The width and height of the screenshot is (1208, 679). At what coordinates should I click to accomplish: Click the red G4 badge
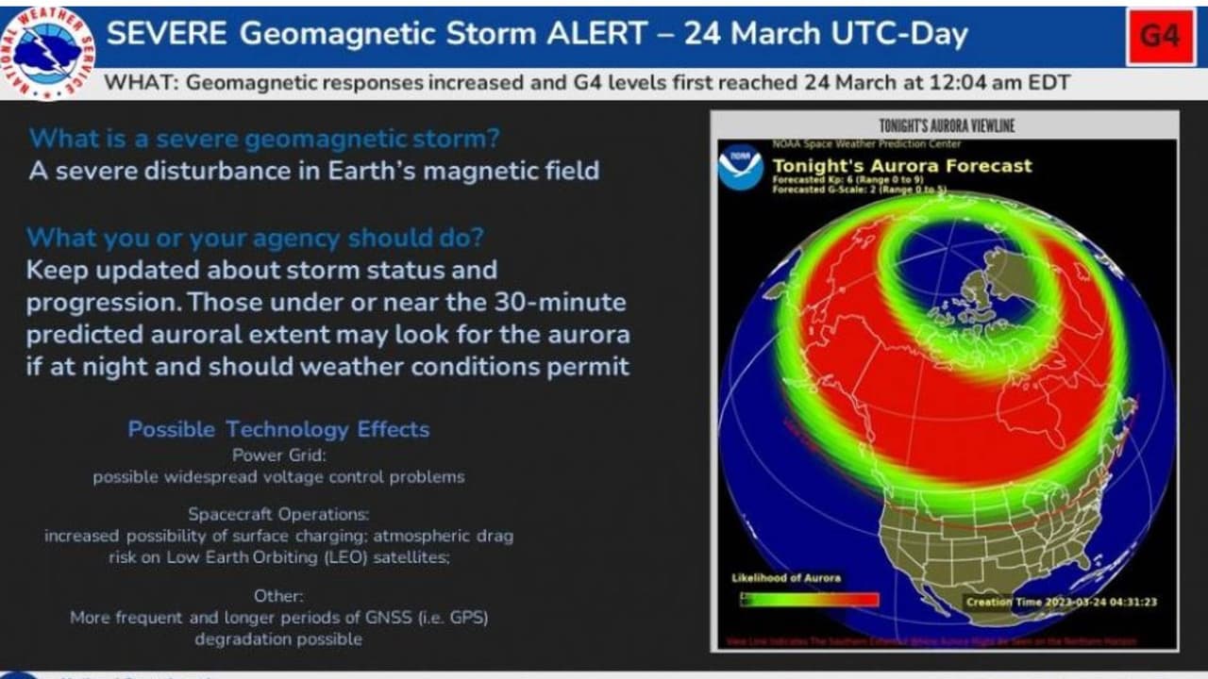point(1160,37)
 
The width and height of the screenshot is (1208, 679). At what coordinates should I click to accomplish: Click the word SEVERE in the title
point(166,35)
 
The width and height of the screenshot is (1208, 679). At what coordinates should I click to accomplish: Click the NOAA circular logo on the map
point(740,167)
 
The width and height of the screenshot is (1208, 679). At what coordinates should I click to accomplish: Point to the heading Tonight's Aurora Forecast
point(902,166)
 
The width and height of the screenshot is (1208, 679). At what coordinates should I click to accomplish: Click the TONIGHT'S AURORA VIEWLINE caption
point(946,125)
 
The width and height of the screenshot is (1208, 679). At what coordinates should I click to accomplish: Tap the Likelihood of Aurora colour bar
point(809,599)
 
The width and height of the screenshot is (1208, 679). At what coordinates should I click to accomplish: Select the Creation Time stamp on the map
point(1061,602)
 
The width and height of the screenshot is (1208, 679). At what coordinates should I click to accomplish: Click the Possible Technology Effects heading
point(278,430)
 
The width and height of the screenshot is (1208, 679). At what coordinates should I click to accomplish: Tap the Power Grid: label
point(278,455)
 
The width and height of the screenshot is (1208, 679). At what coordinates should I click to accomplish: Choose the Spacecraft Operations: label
point(278,514)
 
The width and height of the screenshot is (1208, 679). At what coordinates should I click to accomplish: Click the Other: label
point(278,596)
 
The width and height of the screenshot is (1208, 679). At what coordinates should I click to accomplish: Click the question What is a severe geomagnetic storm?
point(265,140)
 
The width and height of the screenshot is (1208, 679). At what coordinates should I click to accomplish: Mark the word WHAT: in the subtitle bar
point(141,83)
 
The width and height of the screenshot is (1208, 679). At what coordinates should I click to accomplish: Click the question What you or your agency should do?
point(254,238)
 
